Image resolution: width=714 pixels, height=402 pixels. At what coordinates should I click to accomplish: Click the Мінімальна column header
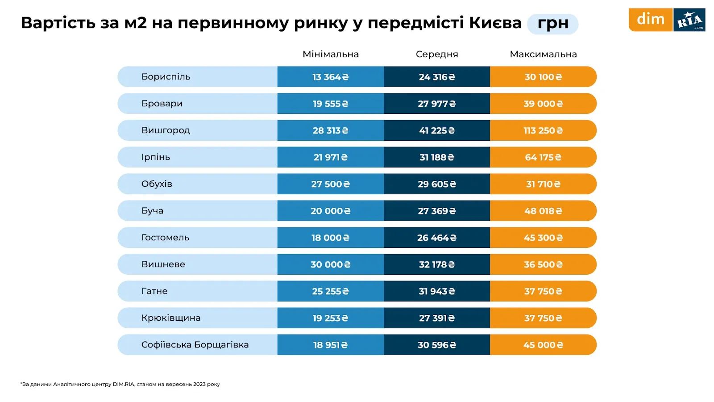[x=330, y=54]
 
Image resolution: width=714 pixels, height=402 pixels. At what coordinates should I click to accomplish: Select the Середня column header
[x=437, y=54]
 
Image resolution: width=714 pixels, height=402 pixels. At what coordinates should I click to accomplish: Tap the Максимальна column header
[x=543, y=54]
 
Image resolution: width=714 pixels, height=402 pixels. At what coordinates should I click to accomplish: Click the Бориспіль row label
[x=166, y=77]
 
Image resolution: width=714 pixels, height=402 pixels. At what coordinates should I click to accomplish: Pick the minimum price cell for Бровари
[x=330, y=104]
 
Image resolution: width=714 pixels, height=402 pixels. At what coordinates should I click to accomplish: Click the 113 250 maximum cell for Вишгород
[x=543, y=130]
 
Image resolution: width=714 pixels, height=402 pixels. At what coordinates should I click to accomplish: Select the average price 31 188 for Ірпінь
[x=437, y=157]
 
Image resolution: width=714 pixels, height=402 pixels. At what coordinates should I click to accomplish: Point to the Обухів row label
[x=157, y=184]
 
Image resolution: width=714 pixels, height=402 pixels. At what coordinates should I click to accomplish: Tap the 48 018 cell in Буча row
[x=543, y=211]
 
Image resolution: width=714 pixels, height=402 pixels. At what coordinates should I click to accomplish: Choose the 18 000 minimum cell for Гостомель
[x=330, y=238]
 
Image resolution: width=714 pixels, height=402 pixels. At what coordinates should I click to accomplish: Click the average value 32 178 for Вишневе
[x=437, y=264]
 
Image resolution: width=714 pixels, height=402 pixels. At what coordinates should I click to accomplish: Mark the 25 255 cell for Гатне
[x=330, y=291]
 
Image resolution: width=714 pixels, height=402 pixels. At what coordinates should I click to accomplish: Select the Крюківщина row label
[x=171, y=318]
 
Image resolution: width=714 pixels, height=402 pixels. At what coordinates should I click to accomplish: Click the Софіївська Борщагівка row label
[x=195, y=345]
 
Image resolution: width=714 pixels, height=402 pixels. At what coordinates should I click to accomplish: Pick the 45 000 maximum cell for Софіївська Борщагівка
[x=543, y=345]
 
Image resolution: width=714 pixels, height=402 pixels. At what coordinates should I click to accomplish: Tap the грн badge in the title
[x=552, y=24]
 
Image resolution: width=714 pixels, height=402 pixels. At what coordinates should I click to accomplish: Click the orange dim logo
[x=650, y=20]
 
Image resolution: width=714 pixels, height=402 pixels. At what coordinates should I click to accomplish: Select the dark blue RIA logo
[x=689, y=20]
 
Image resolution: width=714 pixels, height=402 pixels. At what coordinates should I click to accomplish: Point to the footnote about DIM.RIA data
[x=120, y=384]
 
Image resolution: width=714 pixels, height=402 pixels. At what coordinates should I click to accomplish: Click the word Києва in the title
[x=495, y=23]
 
